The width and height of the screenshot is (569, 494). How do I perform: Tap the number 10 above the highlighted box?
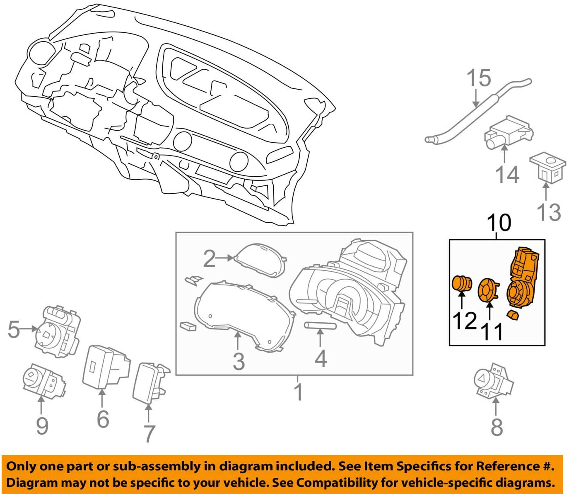499,223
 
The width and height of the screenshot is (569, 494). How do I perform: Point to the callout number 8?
497,426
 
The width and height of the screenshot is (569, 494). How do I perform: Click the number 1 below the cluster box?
298,392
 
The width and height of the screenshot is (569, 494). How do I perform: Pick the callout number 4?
321,358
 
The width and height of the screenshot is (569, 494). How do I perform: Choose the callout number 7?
149,433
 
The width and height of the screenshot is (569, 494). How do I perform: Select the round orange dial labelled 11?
489,290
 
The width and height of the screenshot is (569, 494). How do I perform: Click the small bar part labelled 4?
320,326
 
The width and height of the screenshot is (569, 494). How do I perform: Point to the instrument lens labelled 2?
260,260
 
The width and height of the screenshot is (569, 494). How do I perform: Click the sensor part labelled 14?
508,133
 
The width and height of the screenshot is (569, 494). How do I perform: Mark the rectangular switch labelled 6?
105,367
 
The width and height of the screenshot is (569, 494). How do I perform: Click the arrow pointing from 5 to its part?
29,329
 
